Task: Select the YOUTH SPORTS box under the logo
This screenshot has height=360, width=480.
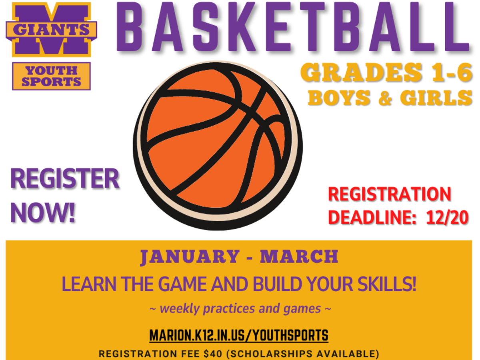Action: coord(51,76)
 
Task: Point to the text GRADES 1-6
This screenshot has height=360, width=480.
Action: coord(386,73)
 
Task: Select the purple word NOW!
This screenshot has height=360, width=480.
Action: coord(43,213)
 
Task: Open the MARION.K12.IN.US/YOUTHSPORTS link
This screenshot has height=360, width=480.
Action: coord(239,335)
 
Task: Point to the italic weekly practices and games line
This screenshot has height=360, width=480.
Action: coord(240,309)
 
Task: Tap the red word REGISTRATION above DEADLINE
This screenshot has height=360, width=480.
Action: coord(389,194)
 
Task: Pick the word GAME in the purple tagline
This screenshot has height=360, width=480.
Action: coord(182,284)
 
